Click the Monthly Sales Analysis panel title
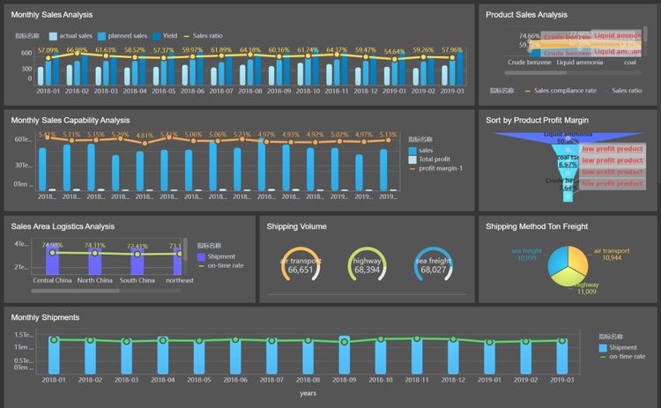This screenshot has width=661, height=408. (51, 15)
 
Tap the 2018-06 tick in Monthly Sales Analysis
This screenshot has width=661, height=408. (192, 92)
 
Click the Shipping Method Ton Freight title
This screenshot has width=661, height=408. (536, 226)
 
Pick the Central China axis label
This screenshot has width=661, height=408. (52, 280)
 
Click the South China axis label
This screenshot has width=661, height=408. (137, 280)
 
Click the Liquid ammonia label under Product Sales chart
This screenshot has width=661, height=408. (580, 63)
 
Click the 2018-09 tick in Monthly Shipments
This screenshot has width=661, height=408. (344, 380)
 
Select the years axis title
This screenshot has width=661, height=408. (308, 393)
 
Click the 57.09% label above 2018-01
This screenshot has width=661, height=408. (48, 50)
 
